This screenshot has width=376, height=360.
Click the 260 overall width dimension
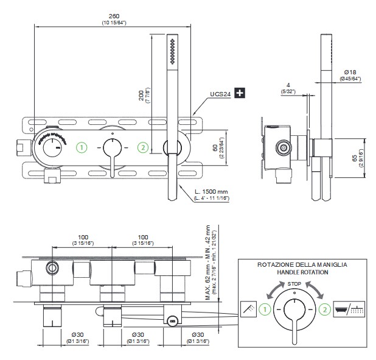pyautogui.click(x=113, y=16)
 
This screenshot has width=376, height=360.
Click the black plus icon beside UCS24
pyautogui.click(x=241, y=93)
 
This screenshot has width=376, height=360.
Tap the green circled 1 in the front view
pyautogui.click(x=82, y=147)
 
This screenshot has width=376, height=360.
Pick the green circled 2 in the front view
pyautogui.click(x=142, y=147)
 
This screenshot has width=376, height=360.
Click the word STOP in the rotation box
pyautogui.click(x=294, y=284)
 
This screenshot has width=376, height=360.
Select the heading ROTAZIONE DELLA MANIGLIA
pyautogui.click(x=294, y=265)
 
